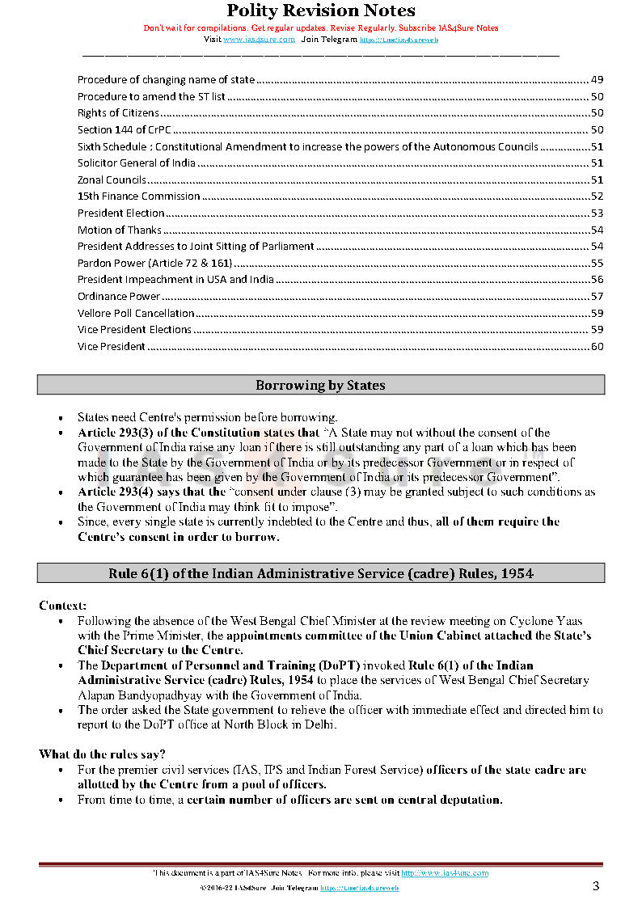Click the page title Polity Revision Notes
(320, 11)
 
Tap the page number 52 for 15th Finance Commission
(597, 196)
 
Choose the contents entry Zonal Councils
(112, 180)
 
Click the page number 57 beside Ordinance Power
(597, 297)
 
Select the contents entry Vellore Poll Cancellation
(136, 314)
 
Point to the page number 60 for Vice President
(597, 347)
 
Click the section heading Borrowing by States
(320, 386)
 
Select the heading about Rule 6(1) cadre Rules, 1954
(320, 574)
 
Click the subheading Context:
(63, 606)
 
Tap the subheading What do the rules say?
(102, 754)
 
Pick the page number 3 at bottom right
(596, 886)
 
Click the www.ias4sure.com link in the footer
(445, 873)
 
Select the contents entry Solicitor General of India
(137, 163)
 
